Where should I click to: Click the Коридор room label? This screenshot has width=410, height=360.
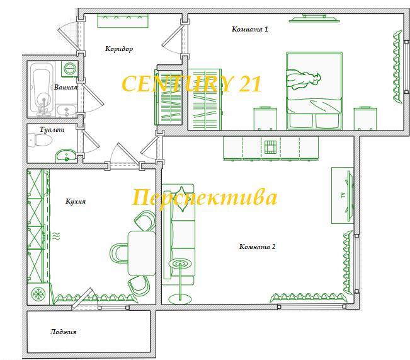point(119,49)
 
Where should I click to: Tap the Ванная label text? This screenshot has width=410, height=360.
point(65,88)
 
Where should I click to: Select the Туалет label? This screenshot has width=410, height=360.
point(52,130)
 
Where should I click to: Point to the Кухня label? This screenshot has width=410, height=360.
point(76,201)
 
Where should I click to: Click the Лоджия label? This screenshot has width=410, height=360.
point(63,332)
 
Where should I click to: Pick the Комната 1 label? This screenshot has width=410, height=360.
point(250,29)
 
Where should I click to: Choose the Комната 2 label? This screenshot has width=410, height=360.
point(258,247)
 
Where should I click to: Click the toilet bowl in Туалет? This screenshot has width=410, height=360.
point(40,140)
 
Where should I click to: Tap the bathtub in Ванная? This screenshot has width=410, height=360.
point(42,89)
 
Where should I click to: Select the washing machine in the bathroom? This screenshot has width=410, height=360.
point(69,69)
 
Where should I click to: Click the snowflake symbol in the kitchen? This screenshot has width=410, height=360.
point(38,294)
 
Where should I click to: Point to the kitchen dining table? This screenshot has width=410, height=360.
point(142,253)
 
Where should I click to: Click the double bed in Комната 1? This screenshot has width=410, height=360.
point(314,91)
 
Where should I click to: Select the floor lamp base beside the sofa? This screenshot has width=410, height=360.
point(180,299)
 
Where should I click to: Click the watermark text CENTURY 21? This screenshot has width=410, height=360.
point(191,83)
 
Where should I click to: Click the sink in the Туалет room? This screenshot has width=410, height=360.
point(66,156)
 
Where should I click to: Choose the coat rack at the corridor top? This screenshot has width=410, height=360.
point(123,21)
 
